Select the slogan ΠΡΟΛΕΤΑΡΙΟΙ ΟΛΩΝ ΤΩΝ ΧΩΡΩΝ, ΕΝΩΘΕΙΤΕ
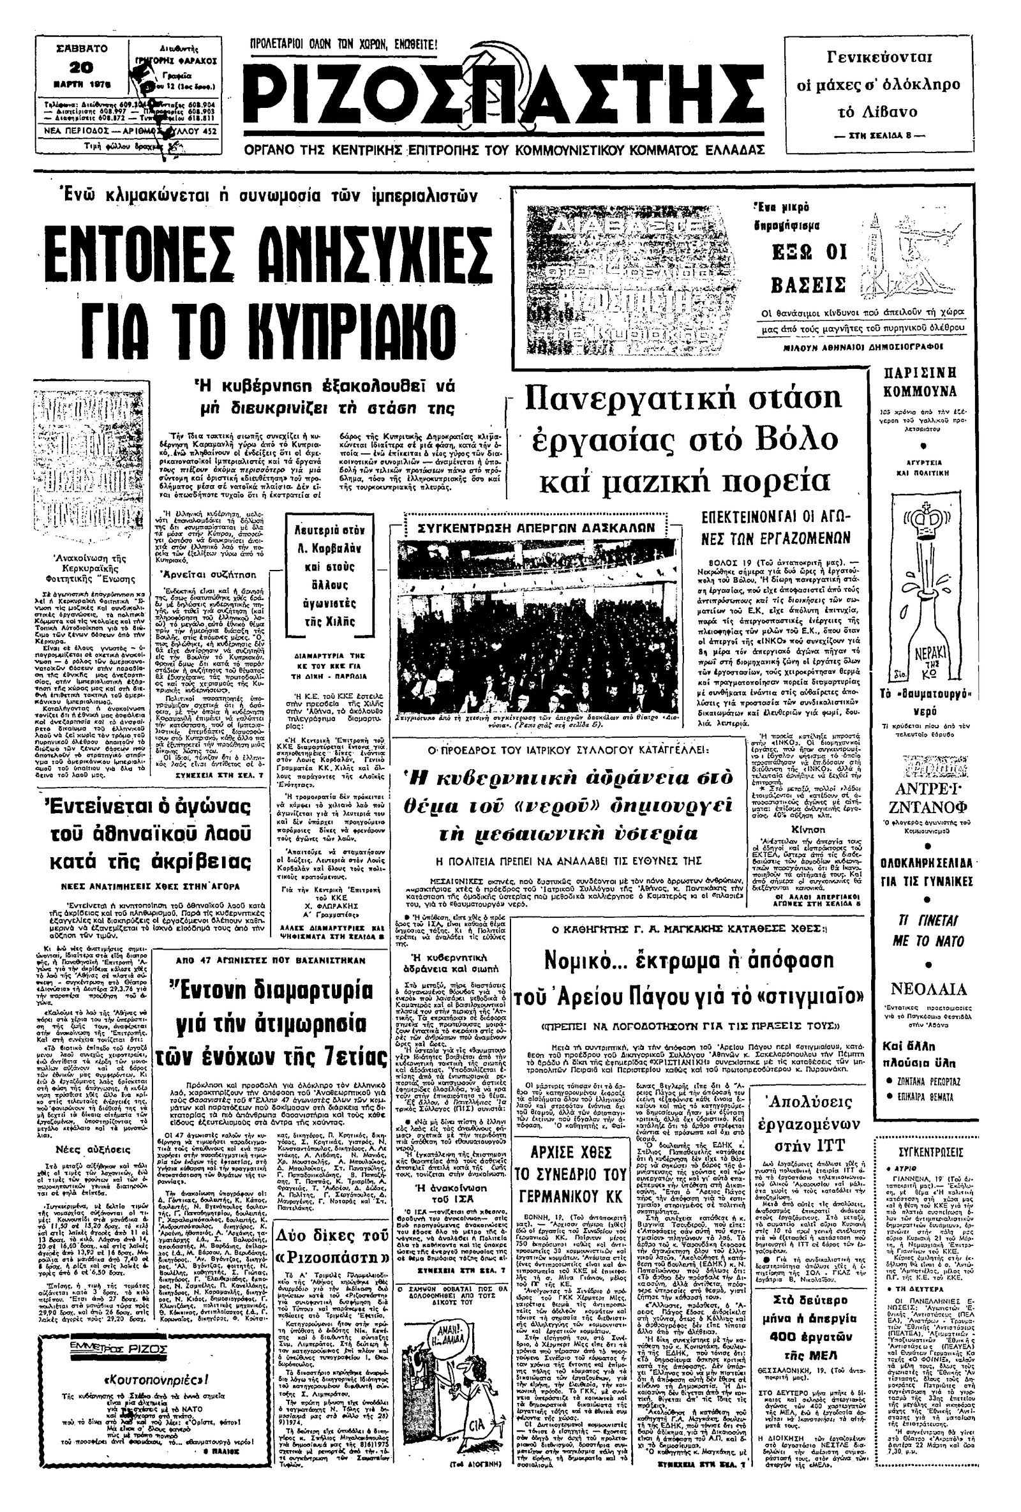pos(345,45)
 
